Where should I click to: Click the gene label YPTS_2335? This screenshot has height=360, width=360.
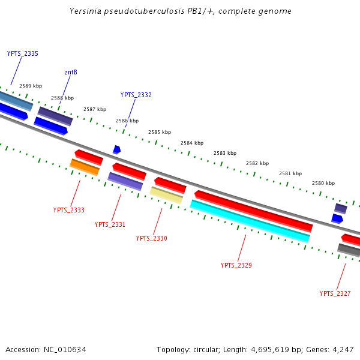(x=23, y=54)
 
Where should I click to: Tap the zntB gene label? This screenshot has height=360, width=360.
(x=71, y=73)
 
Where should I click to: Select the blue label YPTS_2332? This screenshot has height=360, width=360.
(x=136, y=95)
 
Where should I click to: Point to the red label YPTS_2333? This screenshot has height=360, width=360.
(x=68, y=210)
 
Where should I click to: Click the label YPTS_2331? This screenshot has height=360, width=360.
(x=110, y=224)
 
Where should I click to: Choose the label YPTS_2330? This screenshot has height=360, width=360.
(x=151, y=238)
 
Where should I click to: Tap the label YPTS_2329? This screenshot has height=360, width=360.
(x=236, y=265)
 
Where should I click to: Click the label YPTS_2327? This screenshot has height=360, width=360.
(x=335, y=293)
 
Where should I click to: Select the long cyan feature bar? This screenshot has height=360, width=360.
(x=250, y=221)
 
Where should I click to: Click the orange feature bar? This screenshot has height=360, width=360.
(x=85, y=167)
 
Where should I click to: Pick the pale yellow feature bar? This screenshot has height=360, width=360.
(x=166, y=195)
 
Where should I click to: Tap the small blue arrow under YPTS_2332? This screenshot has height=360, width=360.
(x=116, y=149)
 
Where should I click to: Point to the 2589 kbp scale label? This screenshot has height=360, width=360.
(x=31, y=86)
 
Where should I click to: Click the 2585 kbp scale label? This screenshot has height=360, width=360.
(x=160, y=132)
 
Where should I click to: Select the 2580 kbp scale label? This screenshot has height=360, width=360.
(x=323, y=183)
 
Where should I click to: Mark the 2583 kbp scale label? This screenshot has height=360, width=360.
(x=225, y=153)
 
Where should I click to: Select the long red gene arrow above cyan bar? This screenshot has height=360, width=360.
(x=253, y=211)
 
